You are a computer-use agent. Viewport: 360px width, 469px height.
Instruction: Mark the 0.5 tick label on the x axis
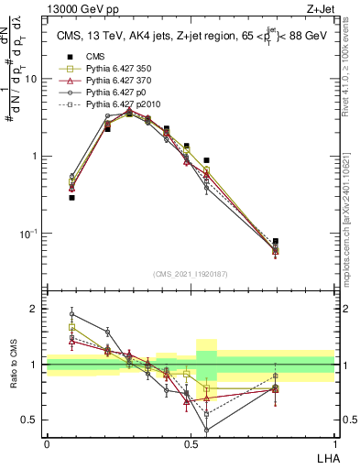(191, 443)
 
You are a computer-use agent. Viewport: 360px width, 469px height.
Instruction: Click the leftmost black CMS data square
(71, 197)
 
